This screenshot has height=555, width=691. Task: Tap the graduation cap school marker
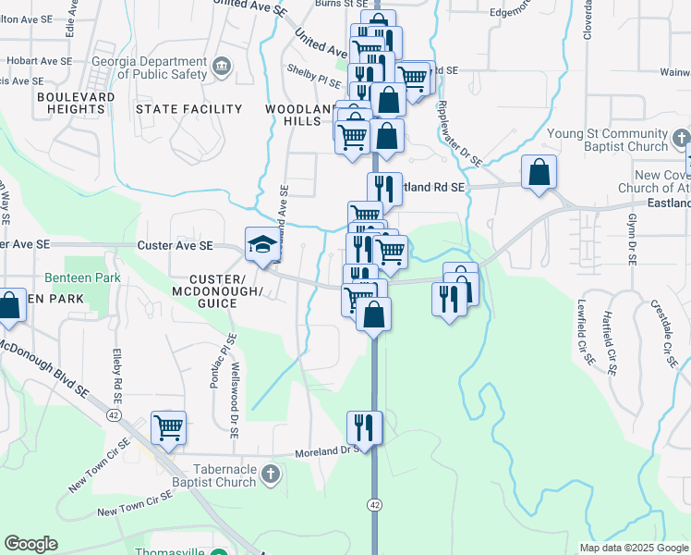click(x=261, y=244)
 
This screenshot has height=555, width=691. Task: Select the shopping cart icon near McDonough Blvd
click(x=168, y=427)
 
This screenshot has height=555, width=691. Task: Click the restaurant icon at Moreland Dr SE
click(x=365, y=427)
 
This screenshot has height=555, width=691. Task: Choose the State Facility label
click(x=188, y=109)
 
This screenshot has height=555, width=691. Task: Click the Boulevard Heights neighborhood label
click(x=76, y=103)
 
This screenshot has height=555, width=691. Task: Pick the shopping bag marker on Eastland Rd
click(x=539, y=172)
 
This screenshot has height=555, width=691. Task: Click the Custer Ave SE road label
click(x=175, y=245)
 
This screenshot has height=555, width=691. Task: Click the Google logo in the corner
click(x=30, y=544)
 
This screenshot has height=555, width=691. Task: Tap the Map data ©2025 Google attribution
click(x=634, y=548)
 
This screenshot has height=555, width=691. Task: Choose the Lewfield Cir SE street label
click(x=584, y=335)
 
